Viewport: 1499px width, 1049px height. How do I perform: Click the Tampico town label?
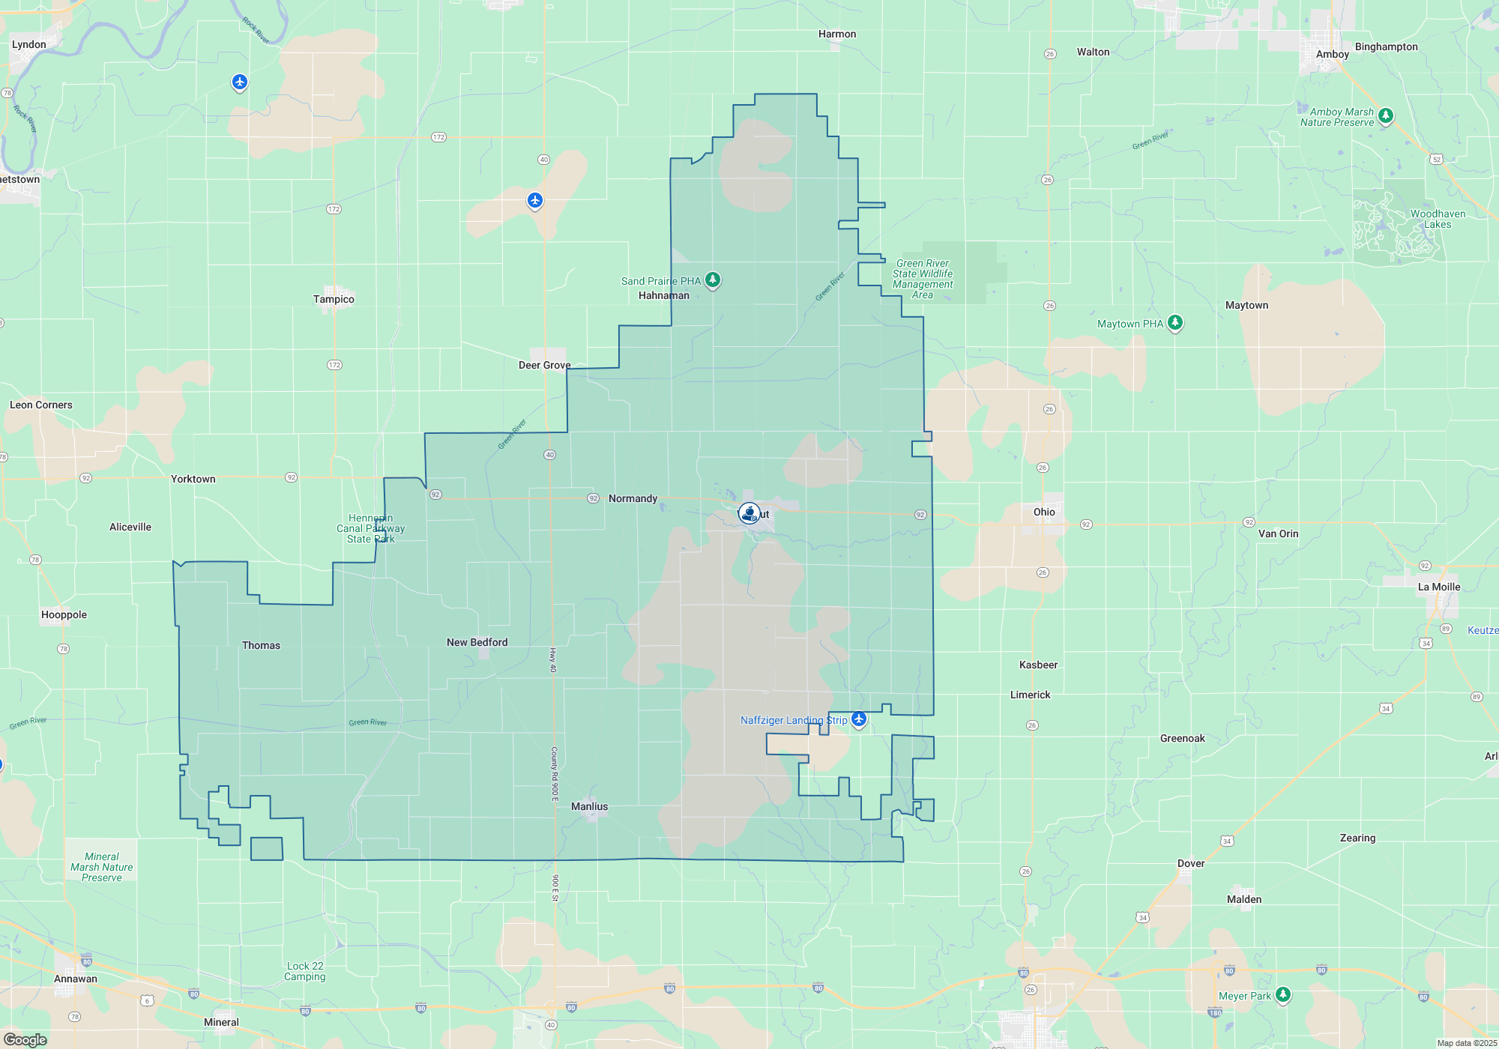click(x=334, y=299)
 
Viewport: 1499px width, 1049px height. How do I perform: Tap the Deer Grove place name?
click(x=544, y=365)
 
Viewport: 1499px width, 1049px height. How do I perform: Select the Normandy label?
click(x=633, y=498)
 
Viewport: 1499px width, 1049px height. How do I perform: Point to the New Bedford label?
click(x=477, y=642)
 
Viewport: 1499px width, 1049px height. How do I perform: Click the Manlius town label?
click(x=589, y=806)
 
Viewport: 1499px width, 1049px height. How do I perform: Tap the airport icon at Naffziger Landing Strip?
click(x=859, y=719)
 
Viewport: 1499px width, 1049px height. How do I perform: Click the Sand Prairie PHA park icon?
click(x=713, y=279)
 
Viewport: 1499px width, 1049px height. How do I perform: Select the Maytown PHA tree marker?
click(x=1175, y=323)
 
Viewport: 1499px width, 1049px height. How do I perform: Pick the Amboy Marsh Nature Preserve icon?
click(x=1386, y=115)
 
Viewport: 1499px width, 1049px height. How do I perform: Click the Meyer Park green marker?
click(x=1283, y=994)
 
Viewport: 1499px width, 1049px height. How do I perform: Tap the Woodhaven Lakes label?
click(x=1438, y=219)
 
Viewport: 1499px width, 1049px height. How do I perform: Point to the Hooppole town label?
click(x=64, y=614)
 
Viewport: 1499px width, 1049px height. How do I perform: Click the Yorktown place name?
click(x=193, y=479)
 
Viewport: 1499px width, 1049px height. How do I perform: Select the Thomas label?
click(x=261, y=645)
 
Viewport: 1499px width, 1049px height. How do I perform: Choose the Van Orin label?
click(x=1278, y=533)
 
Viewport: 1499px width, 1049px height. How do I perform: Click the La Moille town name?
click(x=1439, y=587)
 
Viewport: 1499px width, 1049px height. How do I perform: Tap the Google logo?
click(x=25, y=1040)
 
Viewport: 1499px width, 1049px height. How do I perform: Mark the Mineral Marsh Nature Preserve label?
click(x=102, y=867)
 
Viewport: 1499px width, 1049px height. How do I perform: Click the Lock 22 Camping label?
click(x=305, y=971)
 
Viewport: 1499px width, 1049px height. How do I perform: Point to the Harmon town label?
click(x=837, y=34)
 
